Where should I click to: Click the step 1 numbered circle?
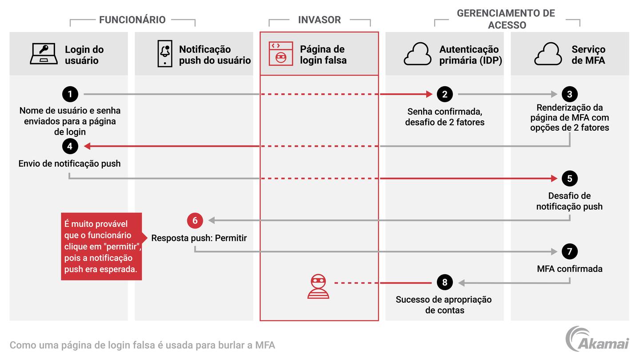coord(70,94)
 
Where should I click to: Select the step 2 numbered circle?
coord(444,94)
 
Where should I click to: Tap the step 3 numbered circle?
coord(569,94)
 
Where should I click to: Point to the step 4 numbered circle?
coord(70,146)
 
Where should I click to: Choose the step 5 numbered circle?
coord(569,179)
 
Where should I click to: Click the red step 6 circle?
coord(195,220)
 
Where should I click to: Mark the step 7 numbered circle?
coord(569,252)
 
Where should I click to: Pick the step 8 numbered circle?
coord(444,282)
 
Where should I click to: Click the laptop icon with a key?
coord(44,54)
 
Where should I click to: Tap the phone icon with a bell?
coord(165,54)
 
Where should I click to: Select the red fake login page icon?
coord(280,54)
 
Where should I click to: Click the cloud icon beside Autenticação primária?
coord(417,54)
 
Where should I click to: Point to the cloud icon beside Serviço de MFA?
coord(548,54)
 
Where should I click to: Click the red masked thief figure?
coord(318,287)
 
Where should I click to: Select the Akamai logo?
coord(597,339)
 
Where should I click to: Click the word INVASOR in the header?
coord(320,20)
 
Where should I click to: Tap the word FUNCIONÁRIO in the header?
coord(132,20)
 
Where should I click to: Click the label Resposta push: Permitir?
coord(199,238)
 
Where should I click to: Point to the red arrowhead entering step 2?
coord(429,94)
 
